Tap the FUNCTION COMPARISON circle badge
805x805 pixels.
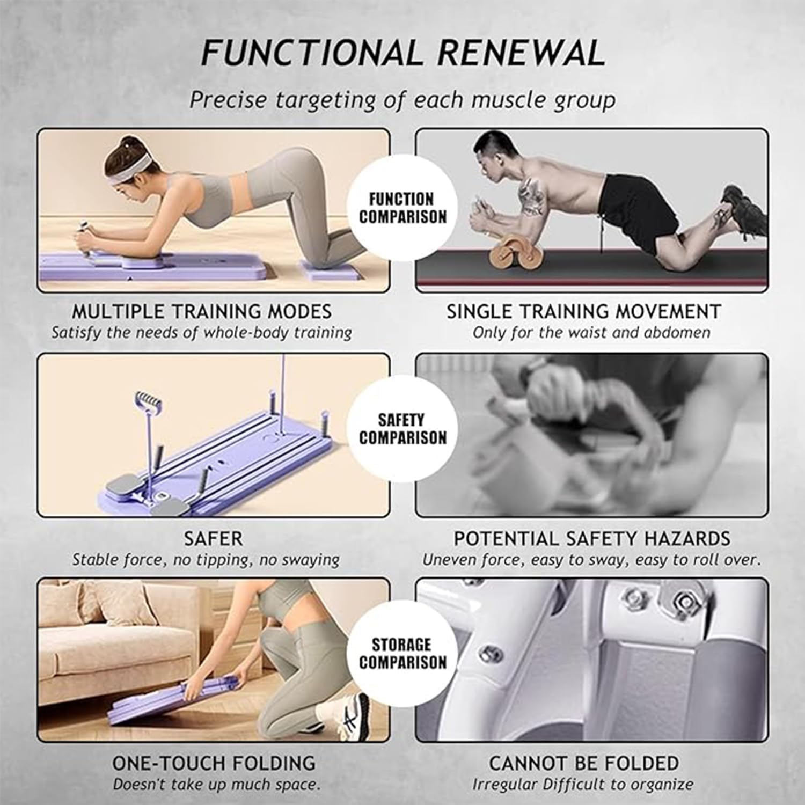click(402, 208)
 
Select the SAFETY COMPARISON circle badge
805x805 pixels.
click(402, 429)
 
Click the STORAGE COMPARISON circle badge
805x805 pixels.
click(402, 653)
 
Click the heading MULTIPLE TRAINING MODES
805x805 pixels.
click(202, 312)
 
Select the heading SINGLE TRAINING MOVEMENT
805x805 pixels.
click(584, 312)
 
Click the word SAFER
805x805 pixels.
click(213, 538)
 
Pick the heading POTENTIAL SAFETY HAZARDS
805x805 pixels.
click(592, 538)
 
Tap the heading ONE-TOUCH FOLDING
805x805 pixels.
click(214, 763)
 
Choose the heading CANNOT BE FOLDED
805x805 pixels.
click(584, 763)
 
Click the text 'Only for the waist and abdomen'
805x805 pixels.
click(591, 333)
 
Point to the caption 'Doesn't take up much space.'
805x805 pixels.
click(216, 784)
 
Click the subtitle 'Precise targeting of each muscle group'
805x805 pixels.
click(402, 100)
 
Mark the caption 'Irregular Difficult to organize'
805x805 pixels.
click(583, 784)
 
